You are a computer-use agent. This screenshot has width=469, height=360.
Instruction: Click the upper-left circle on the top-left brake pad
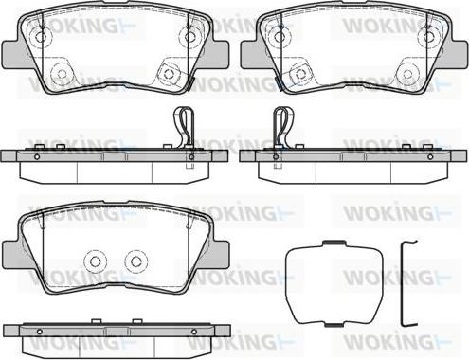tap(40, 37)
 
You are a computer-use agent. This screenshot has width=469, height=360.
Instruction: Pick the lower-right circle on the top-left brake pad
tap(171, 74)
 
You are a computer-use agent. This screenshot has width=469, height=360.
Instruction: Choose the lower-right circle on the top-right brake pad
tap(408, 74)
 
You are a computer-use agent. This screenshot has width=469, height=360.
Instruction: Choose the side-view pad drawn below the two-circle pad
tap(116, 333)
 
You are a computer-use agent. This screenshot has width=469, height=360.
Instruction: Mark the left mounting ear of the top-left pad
tap(12, 53)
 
